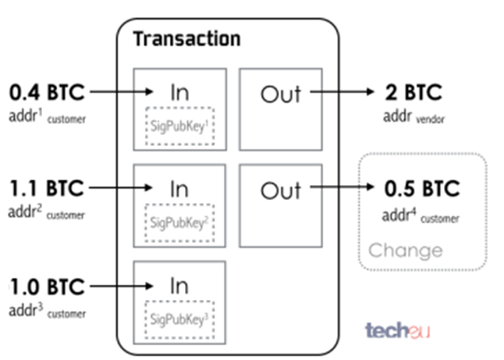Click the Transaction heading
click(x=186, y=38)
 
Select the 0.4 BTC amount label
click(x=46, y=93)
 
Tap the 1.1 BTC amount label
click(x=45, y=189)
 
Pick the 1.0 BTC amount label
click(x=45, y=287)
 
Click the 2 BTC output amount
click(x=413, y=93)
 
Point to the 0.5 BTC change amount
click(x=421, y=189)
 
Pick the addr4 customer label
click(x=421, y=216)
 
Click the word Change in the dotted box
click(x=405, y=251)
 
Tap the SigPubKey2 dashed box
click(x=180, y=220)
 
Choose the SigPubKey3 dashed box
click(x=180, y=317)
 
